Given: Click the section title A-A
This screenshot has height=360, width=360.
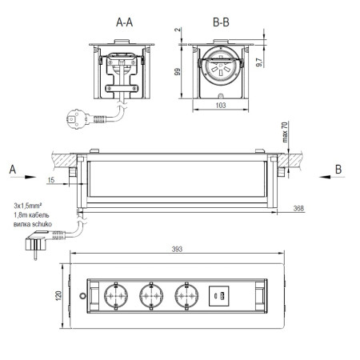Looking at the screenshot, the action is (x=124, y=22).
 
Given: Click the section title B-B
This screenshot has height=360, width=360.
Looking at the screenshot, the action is (x=221, y=22).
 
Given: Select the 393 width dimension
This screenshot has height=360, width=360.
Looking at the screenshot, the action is (x=177, y=249).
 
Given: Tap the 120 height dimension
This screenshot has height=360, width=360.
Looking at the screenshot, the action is (x=58, y=295).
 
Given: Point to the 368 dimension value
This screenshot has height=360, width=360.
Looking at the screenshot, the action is (x=298, y=208).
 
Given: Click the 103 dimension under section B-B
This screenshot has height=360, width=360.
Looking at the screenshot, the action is (x=221, y=106).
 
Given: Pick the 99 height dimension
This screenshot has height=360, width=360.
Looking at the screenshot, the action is (x=178, y=72).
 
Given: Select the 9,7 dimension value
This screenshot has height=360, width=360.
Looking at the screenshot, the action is (x=259, y=62).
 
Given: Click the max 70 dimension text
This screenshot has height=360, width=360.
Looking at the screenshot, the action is (x=285, y=132).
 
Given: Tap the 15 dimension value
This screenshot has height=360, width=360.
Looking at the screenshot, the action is (x=51, y=180).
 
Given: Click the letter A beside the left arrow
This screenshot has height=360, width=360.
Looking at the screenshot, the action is (x=13, y=170).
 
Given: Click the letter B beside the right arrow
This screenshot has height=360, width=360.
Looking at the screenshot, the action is (x=338, y=169).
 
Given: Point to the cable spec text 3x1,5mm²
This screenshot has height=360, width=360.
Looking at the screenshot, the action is (x=28, y=206).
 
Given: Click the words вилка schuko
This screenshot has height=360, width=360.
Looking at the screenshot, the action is (x=33, y=224).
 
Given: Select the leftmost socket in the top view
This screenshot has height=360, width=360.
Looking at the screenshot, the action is (x=116, y=296).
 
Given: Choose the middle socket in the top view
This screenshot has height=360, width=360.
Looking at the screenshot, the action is (x=151, y=296).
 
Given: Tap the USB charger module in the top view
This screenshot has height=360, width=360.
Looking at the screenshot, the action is (x=219, y=296).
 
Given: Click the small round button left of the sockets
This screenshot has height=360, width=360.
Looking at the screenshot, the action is (x=82, y=296).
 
